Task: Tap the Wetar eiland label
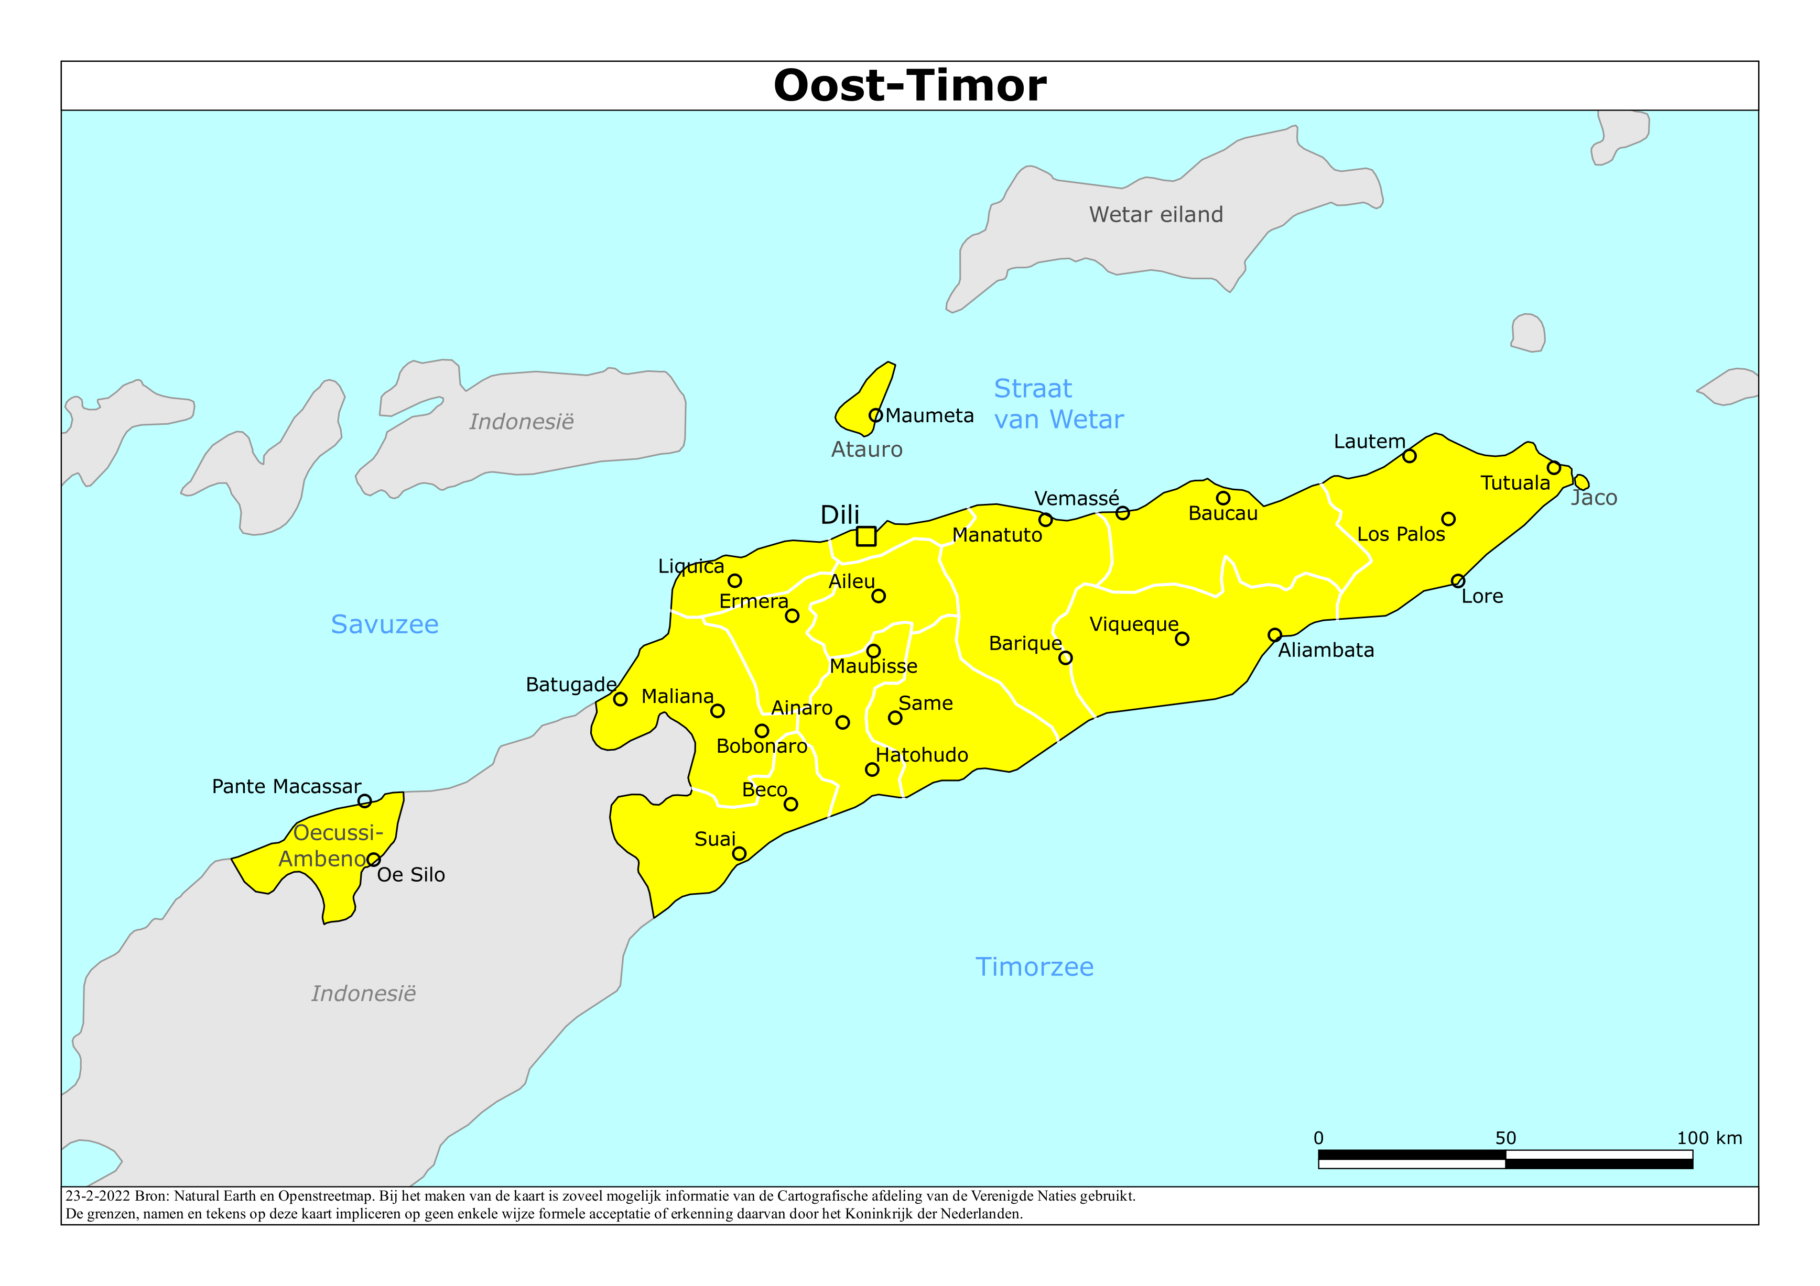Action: click(x=1156, y=215)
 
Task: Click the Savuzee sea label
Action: click(x=384, y=624)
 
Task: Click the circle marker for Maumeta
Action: click(x=875, y=415)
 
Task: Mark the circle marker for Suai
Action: click(x=739, y=853)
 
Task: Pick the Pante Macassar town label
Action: click(x=286, y=786)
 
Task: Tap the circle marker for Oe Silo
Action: click(x=373, y=860)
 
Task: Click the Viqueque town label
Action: click(x=1133, y=624)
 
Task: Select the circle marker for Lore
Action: click(x=1458, y=581)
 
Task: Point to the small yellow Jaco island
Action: click(x=1581, y=482)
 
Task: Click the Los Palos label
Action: click(x=1401, y=534)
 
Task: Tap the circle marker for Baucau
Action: click(x=1223, y=498)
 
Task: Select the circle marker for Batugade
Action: click(x=621, y=699)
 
